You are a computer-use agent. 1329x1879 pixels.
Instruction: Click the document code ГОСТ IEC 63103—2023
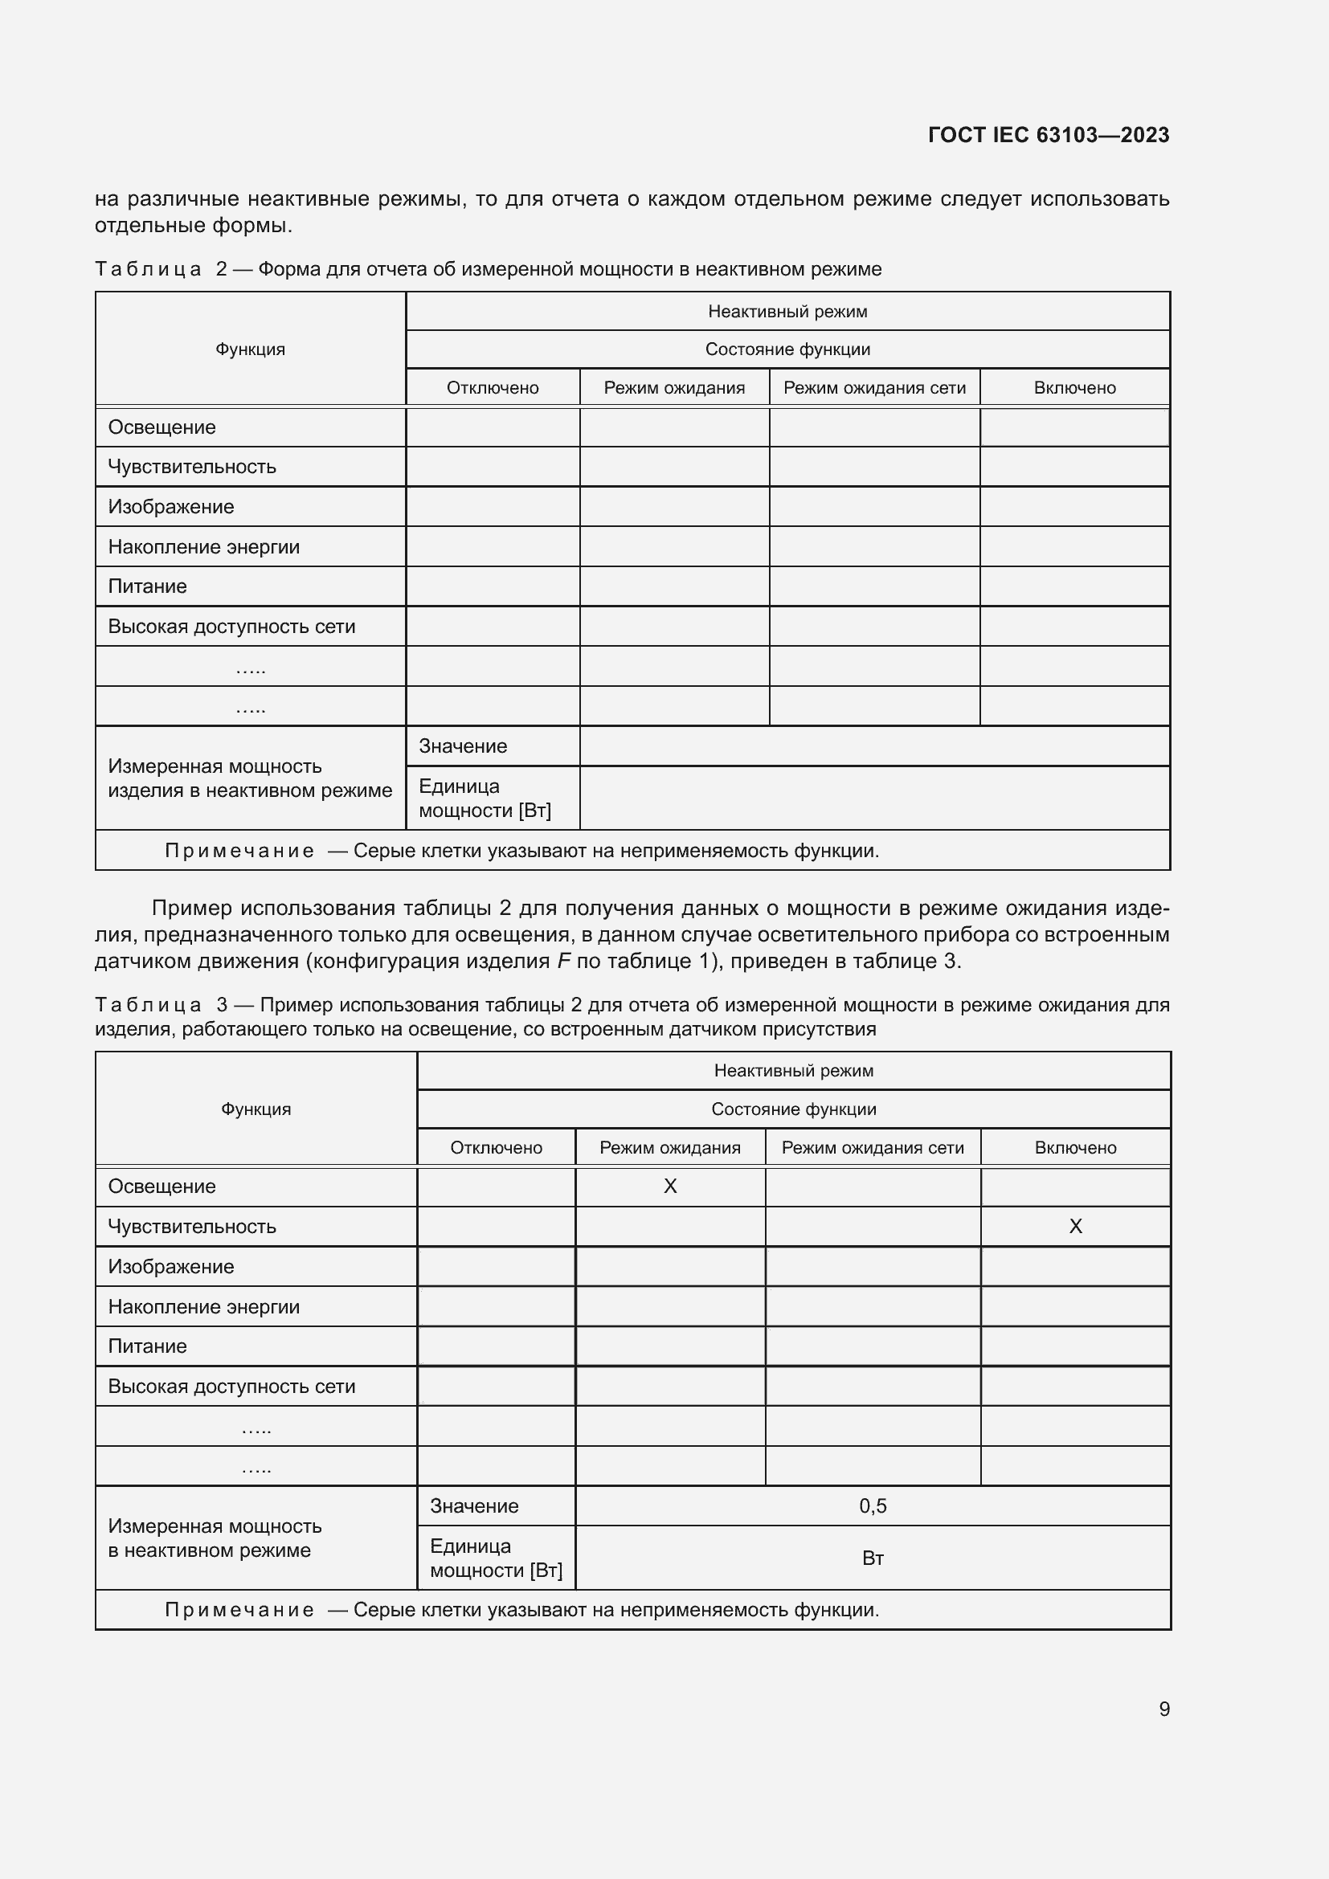click(1049, 135)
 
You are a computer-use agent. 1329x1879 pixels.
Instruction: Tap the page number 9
click(1163, 1709)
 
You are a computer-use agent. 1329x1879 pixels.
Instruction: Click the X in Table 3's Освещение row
click(669, 1187)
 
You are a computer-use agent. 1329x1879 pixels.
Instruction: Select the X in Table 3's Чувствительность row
click(1075, 1226)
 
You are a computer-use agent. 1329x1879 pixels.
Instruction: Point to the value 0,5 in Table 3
click(873, 1505)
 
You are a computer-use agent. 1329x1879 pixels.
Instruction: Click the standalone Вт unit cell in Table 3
click(873, 1558)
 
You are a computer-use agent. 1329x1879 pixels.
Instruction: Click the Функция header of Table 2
click(251, 349)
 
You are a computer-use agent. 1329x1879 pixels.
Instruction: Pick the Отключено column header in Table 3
click(496, 1147)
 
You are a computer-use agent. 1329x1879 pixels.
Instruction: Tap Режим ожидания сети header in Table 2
click(874, 388)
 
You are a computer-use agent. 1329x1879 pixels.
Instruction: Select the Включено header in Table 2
click(1074, 388)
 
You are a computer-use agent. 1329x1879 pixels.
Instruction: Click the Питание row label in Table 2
click(147, 586)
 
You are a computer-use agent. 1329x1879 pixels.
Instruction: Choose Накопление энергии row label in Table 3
click(204, 1307)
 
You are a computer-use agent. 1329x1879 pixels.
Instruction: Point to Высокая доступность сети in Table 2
click(231, 626)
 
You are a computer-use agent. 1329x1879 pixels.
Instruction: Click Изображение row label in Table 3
click(171, 1267)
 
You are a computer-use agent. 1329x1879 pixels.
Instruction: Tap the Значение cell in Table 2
click(463, 746)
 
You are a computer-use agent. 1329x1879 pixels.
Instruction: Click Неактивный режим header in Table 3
click(793, 1070)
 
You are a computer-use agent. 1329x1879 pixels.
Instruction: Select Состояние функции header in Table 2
click(787, 349)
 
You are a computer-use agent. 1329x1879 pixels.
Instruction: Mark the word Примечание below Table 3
click(239, 1610)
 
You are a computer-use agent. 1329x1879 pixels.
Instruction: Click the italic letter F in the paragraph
click(563, 961)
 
